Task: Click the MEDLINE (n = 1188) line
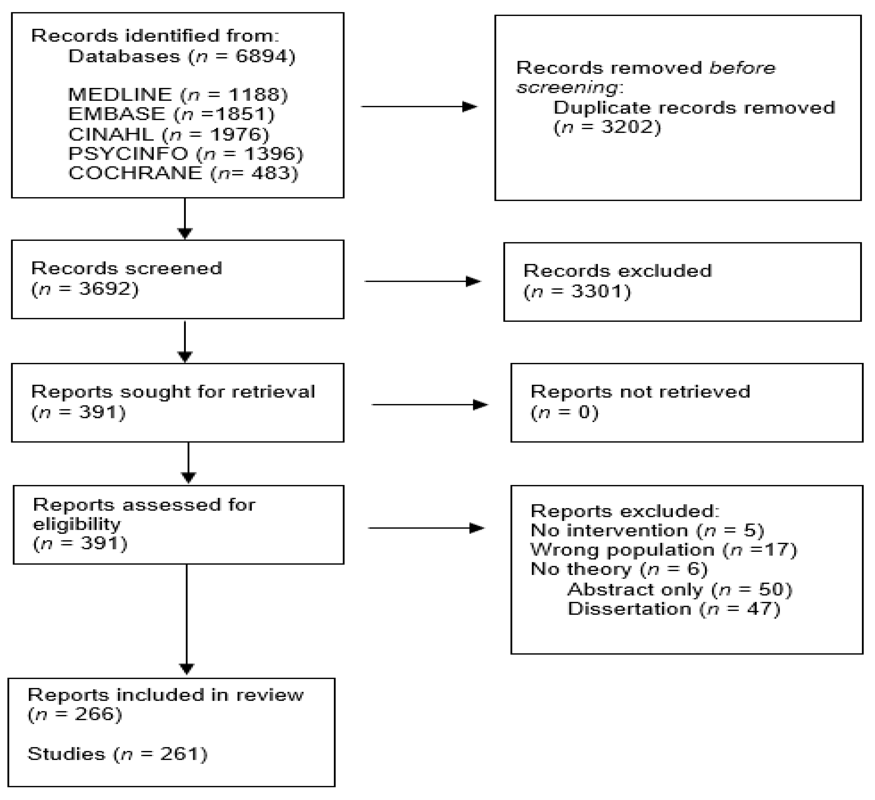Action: pos(178,94)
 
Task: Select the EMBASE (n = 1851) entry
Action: pos(172,114)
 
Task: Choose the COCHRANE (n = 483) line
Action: pos(183,173)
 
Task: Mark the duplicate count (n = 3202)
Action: pos(607,127)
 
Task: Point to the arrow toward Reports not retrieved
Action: pos(430,405)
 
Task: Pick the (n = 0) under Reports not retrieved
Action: pos(564,412)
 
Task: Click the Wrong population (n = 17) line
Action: pos(664,550)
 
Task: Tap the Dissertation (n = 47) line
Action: pos(674,609)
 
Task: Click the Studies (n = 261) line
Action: pos(117,754)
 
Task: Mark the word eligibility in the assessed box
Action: pos(76,524)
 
